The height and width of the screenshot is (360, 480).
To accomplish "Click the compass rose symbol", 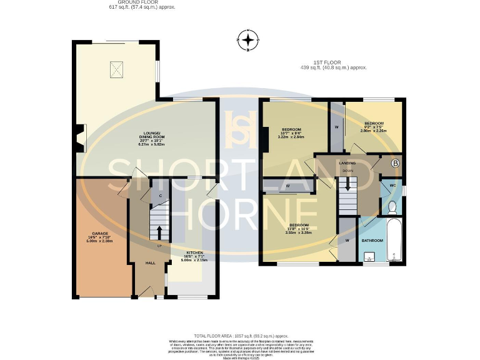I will coord(248,41).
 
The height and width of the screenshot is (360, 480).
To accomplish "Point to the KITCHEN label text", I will coord(194,253).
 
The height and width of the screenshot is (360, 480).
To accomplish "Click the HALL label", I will coord(151,263).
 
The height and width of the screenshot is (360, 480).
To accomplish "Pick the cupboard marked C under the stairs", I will coord(160,196).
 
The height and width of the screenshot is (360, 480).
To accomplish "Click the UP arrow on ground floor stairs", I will coord(159,232).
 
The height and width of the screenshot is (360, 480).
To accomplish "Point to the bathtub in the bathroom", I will coord(393,241).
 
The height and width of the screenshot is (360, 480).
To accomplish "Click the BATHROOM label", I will coord(373,240).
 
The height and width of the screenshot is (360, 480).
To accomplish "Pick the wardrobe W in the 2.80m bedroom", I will coord(337,127).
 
